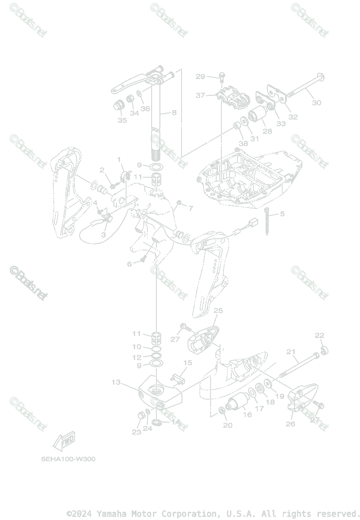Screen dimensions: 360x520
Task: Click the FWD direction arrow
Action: click(x=63, y=441)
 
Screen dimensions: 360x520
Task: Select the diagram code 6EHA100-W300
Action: click(x=68, y=459)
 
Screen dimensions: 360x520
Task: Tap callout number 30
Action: click(x=317, y=103)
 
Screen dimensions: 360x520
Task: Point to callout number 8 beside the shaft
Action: click(x=174, y=113)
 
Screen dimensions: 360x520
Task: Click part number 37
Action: click(x=200, y=95)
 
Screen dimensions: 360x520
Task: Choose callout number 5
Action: click(x=282, y=214)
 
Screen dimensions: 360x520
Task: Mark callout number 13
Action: click(x=116, y=382)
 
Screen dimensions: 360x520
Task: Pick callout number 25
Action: click(x=218, y=310)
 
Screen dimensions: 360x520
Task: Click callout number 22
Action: click(x=319, y=335)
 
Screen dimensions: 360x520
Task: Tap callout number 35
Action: click(x=122, y=120)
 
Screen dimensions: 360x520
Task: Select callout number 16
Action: click(x=247, y=415)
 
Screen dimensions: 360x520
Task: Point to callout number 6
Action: click(x=129, y=263)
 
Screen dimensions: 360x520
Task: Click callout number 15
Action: click(x=188, y=362)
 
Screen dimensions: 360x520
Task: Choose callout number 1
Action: click(x=119, y=159)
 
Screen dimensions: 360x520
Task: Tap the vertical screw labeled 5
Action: click(x=267, y=221)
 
